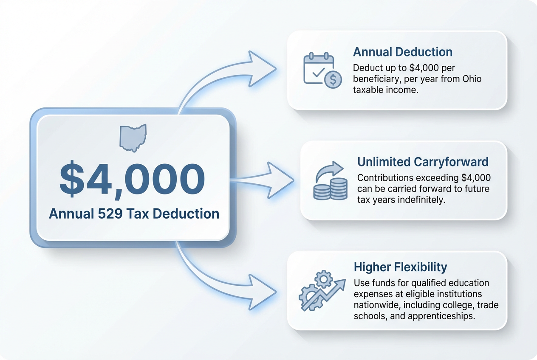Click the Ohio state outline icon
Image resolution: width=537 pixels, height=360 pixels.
click(133, 138)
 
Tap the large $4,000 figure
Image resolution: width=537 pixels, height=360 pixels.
click(132, 180)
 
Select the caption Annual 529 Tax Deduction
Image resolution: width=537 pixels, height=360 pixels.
click(134, 214)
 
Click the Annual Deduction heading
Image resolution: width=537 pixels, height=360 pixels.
click(403, 52)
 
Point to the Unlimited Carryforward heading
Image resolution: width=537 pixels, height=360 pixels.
click(423, 162)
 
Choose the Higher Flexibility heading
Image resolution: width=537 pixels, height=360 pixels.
click(400, 267)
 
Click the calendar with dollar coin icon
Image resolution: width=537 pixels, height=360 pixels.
click(322, 70)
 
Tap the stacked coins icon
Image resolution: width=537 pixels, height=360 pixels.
click(331, 181)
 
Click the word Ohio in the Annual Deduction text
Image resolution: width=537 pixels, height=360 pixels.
click(472, 79)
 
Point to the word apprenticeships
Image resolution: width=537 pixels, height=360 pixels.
click(441, 316)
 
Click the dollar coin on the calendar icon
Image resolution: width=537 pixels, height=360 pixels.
click(333, 80)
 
